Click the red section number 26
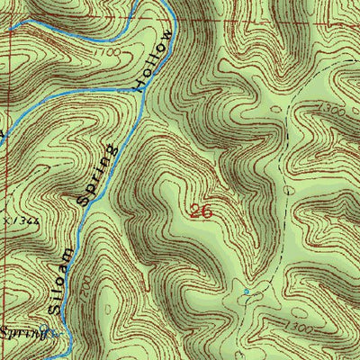pyautogui.click(x=201, y=212)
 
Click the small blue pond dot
pyautogui.click(x=247, y=292)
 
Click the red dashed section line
pyautogui.click(x=270, y=15)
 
